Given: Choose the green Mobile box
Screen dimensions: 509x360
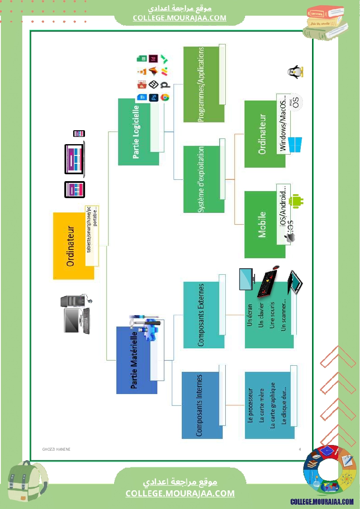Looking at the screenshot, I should tap(262, 225).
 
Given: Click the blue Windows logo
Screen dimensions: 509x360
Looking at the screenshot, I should tap(295, 145).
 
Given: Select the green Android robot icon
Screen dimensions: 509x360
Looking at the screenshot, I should tap(299, 201).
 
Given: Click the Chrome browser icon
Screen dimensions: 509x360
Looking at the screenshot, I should tap(165, 98).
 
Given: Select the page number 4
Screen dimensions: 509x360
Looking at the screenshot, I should tap(300, 449).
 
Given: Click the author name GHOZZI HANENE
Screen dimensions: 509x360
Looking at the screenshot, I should tap(56, 449).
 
